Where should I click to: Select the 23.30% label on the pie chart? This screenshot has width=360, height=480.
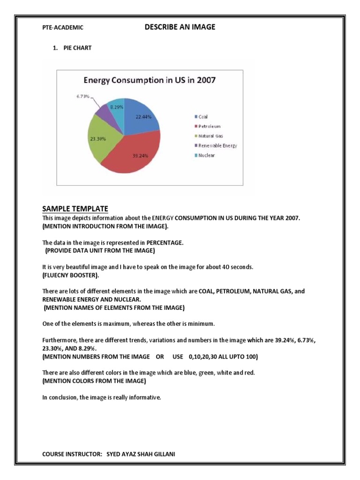click(98, 139)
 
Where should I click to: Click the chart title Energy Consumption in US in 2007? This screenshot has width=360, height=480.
click(149, 80)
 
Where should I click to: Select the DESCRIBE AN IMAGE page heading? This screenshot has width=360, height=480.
click(180, 27)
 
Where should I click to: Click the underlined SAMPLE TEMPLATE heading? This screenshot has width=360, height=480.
click(75, 209)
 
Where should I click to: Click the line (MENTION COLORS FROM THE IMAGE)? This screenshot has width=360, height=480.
click(94, 381)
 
